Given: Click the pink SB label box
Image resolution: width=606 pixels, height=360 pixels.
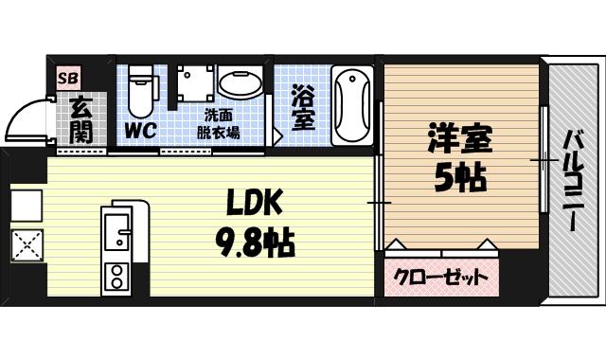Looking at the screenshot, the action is click(69, 78).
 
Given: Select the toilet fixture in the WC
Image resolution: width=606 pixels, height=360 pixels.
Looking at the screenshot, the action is click(141, 90).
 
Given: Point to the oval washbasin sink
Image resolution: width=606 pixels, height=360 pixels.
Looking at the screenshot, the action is click(242, 84).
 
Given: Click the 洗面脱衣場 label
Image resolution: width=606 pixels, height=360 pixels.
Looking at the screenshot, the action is click(218, 124).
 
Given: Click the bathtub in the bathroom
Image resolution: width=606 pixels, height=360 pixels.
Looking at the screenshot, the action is click(354, 104).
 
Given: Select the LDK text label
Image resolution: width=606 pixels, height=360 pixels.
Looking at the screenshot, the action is click(254, 202).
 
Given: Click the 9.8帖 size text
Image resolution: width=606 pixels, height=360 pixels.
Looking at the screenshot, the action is click(254, 243).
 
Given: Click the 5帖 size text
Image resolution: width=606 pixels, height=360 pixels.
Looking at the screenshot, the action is click(461, 176).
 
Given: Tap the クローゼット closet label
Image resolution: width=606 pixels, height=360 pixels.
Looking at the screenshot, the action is click(442, 278).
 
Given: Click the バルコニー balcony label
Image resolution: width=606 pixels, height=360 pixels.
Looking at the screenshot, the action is click(572, 180).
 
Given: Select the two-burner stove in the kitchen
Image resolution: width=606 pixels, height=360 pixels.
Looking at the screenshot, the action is click(117, 277).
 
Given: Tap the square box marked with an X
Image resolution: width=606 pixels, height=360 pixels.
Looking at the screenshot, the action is click(27, 247).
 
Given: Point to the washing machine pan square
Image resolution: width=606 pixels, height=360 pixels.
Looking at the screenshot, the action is click(194, 84).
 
